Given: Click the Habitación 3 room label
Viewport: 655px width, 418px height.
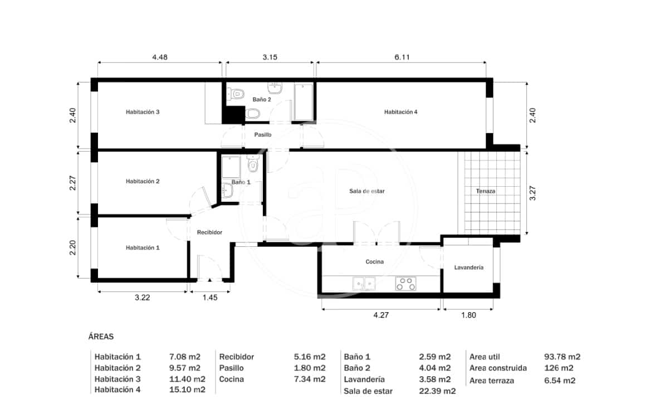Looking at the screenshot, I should tap(143, 112).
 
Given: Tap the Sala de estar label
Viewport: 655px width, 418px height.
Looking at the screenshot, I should tap(367, 191).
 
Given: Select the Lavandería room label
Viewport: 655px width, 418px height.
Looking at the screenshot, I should tap(469, 268).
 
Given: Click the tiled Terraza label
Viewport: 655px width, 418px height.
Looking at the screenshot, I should tap(486, 191).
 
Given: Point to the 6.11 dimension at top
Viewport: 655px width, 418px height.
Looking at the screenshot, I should tap(401, 57).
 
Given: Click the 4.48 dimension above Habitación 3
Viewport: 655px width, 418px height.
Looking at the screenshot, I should tap(160, 57).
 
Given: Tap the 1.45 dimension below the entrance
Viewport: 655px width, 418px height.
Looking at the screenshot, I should tap(209, 298).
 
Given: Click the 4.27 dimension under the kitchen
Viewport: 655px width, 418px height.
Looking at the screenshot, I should tap(381, 315).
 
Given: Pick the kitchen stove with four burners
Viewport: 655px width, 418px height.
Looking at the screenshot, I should tap(406, 284).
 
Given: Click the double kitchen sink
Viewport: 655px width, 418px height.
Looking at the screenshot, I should tap(364, 284).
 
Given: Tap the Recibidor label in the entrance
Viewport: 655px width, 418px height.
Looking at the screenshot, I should tap(210, 232).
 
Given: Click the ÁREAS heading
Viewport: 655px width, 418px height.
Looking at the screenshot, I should tap(101, 337).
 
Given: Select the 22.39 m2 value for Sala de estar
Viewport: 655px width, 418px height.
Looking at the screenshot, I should tap(437, 391).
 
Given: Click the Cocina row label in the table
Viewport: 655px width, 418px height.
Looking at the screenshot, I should tap(232, 380).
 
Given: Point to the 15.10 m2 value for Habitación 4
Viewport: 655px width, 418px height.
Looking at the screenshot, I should tap(187, 390).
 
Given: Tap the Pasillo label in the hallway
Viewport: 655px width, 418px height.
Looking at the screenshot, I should tap(263, 135).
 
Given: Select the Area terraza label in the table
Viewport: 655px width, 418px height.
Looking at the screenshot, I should tap(492, 381).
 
